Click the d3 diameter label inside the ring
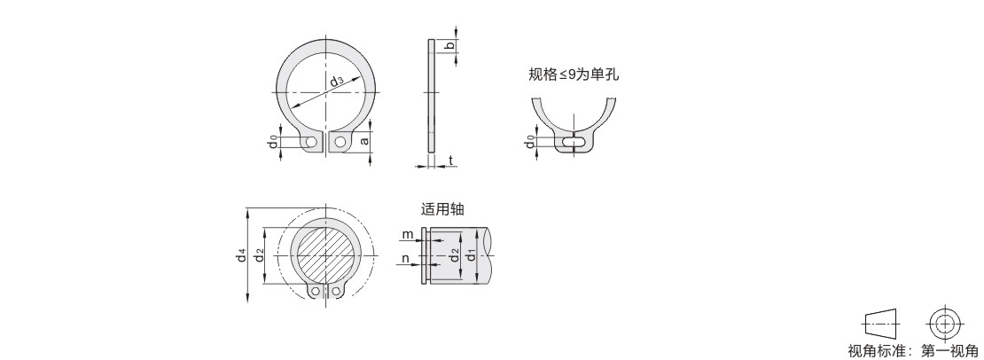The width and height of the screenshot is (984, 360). point(336,82)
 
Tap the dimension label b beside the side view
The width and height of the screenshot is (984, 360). point(449,45)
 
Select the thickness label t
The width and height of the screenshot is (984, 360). point(450,161)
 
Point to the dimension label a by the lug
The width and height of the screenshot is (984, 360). point(364,141)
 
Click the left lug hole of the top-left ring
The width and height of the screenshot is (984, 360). point(311,143)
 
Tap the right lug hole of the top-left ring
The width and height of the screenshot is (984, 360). point(340,143)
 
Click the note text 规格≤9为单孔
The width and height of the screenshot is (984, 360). point(574,74)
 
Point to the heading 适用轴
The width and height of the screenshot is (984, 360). point(443,209)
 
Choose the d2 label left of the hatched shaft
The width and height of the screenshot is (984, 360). point(259,256)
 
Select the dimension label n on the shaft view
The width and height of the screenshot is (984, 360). point(405,257)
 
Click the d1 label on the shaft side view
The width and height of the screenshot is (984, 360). point(470,256)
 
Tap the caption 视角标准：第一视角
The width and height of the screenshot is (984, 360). point(912,351)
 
